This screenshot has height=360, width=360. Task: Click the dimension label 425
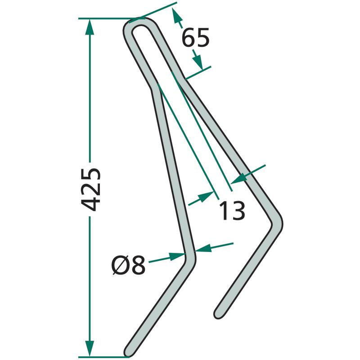91,189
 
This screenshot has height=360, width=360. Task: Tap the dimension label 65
195,37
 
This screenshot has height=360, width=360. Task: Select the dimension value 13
232,210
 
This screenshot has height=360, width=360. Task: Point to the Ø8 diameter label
128,265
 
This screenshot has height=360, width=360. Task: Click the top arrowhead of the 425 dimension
90,27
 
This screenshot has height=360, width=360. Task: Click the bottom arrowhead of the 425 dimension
90,348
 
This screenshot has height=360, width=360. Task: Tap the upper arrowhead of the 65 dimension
175,15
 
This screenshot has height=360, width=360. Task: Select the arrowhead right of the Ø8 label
177,256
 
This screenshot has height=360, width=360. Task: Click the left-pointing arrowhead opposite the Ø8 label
203,249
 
